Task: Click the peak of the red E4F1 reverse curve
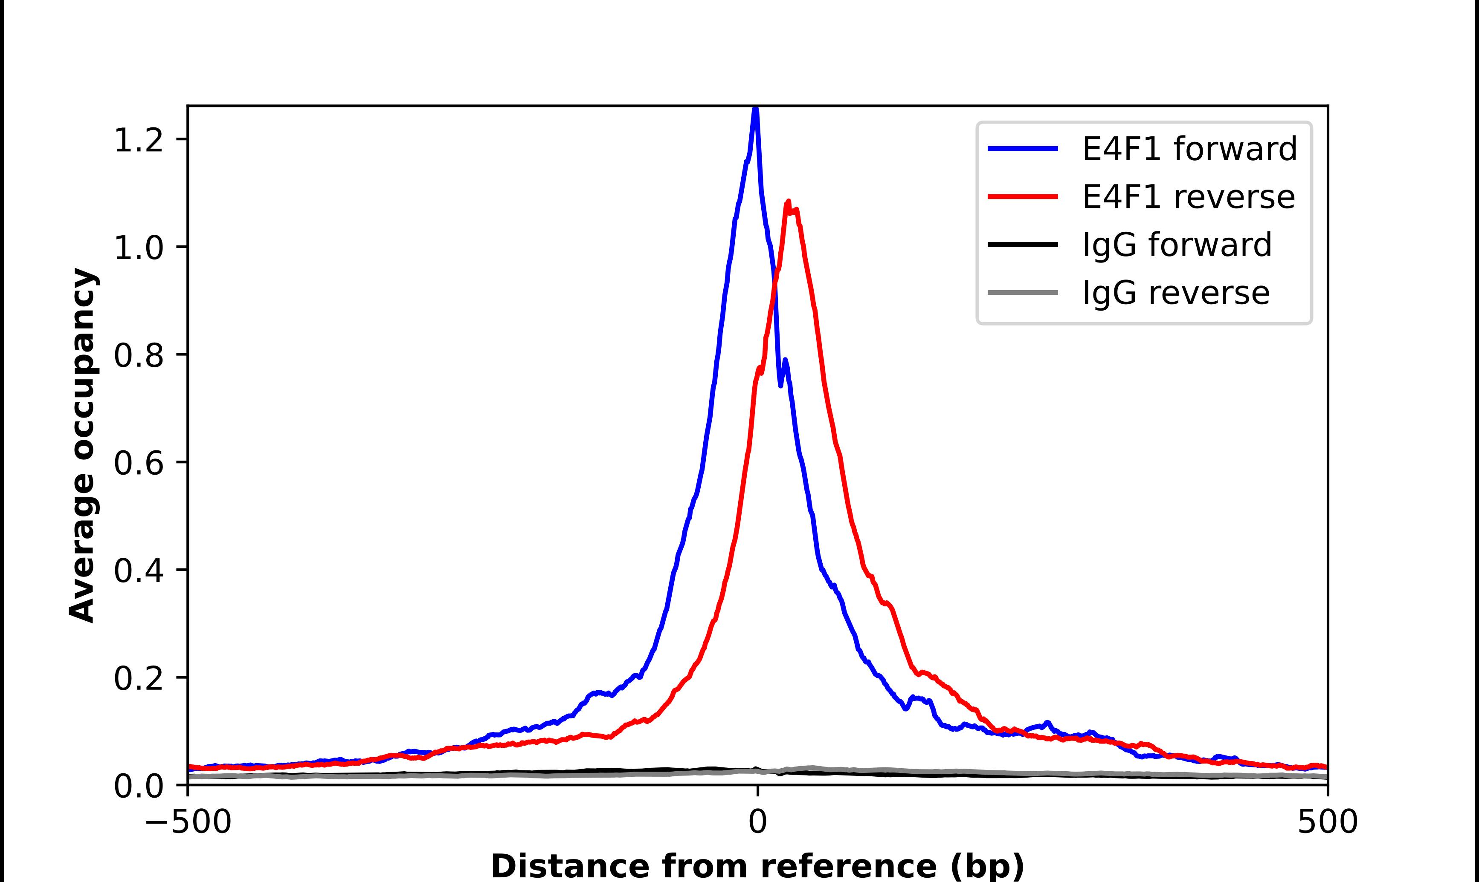[x=789, y=202]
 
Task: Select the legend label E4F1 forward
[x=1189, y=149]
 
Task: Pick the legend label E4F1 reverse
[x=1188, y=197]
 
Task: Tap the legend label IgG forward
[x=1177, y=245]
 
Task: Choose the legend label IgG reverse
[x=1176, y=293]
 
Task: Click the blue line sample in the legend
[x=1023, y=149]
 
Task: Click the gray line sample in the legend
[x=1023, y=292]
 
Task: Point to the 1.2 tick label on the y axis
[x=138, y=141]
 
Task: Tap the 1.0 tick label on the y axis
[x=138, y=248]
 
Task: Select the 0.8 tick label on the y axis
[x=138, y=356]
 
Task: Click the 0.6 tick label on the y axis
[x=138, y=464]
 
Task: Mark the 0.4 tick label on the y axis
[x=138, y=571]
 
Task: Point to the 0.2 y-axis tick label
[x=138, y=679]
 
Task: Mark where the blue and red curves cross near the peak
[x=774, y=286]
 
